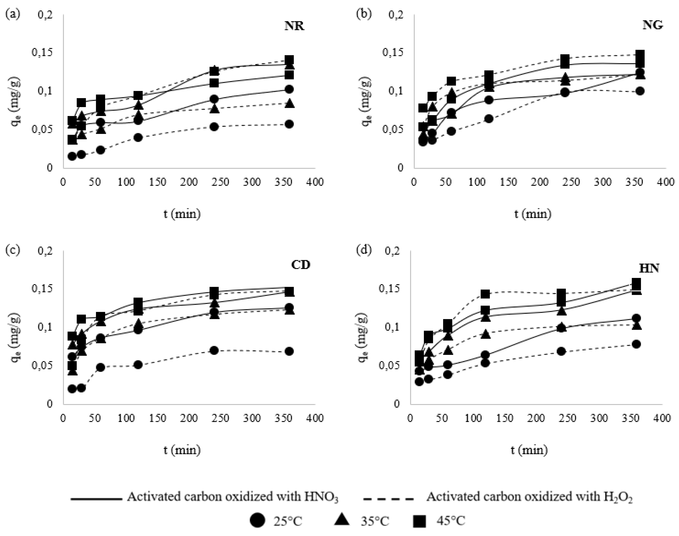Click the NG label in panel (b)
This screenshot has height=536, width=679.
[x=652, y=25]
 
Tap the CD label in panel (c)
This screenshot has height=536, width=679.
[x=300, y=265]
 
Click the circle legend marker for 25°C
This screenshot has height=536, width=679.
[x=257, y=521]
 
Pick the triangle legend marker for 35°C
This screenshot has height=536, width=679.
[x=342, y=521]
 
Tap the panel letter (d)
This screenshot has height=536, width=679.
[x=364, y=250]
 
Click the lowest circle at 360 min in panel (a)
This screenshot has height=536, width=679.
[x=289, y=124]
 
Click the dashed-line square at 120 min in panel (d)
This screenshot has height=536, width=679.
[x=485, y=294]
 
